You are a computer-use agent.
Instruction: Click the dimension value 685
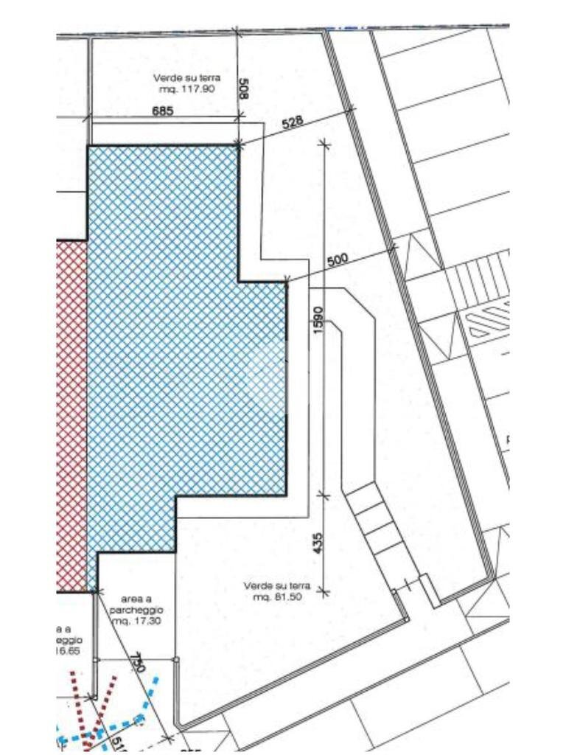(x=162, y=111)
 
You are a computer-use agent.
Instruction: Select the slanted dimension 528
(x=293, y=122)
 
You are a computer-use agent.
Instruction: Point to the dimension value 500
(x=337, y=260)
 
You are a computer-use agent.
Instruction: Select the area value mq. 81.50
(x=273, y=597)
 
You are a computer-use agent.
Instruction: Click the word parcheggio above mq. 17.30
(x=136, y=611)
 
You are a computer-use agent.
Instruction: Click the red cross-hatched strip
(x=71, y=413)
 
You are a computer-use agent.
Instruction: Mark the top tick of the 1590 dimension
(x=323, y=144)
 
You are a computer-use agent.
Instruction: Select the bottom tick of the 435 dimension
(x=323, y=591)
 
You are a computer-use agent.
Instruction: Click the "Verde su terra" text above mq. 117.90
(x=186, y=77)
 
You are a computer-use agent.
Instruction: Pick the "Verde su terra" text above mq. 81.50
(x=273, y=586)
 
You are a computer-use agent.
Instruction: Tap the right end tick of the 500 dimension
(x=392, y=248)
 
